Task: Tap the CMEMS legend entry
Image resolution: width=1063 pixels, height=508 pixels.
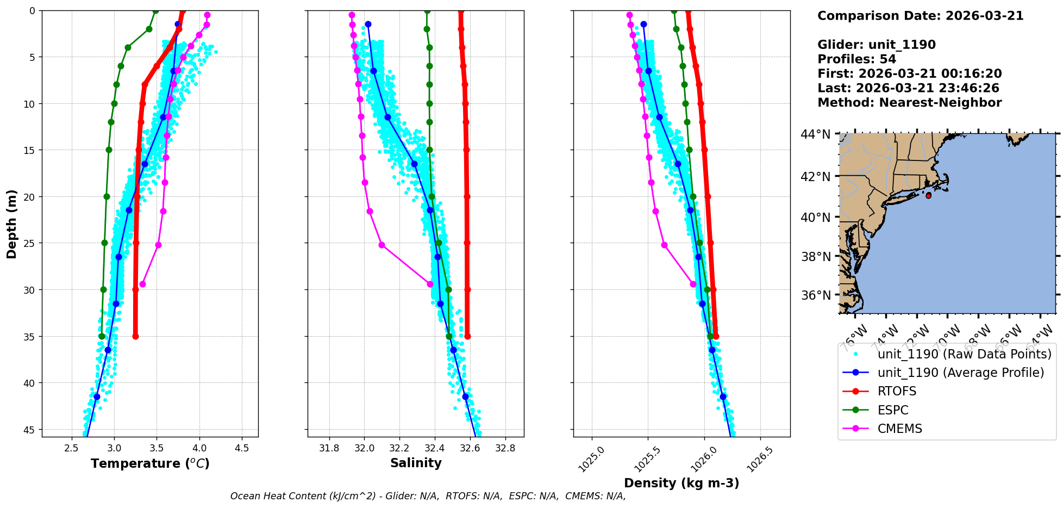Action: pos(899,429)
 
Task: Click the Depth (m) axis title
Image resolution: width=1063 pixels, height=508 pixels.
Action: pos(12,224)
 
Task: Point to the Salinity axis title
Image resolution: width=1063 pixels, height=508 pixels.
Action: pos(416,463)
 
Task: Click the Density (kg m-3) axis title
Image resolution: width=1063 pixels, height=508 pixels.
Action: pos(681,483)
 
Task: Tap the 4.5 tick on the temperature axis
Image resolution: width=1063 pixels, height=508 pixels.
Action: pos(242,448)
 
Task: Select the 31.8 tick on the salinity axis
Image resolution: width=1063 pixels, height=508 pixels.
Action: pos(329,448)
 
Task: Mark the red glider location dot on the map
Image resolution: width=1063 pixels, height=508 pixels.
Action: pos(928,195)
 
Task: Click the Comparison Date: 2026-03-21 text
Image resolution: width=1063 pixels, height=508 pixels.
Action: pos(920,16)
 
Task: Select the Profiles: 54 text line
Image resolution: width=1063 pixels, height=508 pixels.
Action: pos(856,59)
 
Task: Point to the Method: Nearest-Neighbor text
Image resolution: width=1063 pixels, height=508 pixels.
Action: pos(909,103)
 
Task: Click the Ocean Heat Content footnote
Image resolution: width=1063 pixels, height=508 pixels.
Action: pos(428,496)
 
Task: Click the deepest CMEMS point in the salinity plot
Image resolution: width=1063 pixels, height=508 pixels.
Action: pos(430,284)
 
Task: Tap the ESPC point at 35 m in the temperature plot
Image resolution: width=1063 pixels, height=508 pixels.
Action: pos(102,336)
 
